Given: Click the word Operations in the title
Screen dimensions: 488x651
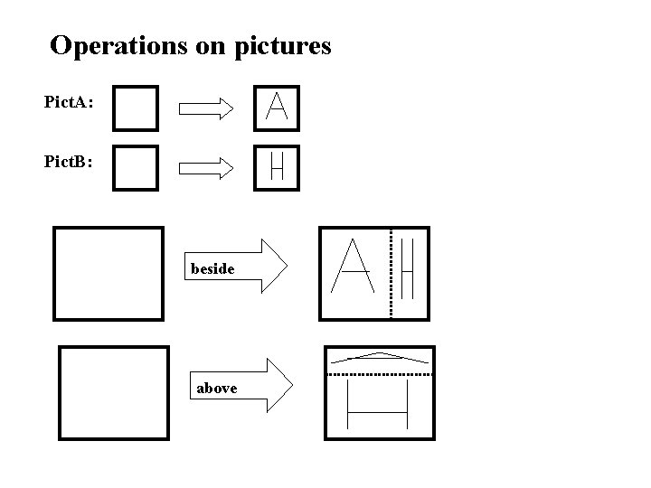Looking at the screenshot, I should coord(118,45).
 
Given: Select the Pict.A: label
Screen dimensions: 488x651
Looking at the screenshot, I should coord(68,103).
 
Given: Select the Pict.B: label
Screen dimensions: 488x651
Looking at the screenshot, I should coord(68,163).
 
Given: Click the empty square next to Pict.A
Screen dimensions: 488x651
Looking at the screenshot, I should coord(136,108).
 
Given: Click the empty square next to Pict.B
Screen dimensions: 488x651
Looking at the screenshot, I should coord(136,168).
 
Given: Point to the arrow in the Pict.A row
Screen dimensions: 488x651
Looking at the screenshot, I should coord(206,109).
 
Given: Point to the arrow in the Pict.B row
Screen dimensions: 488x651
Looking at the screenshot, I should coord(206,167).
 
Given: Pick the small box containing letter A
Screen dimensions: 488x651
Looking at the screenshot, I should coord(277,108).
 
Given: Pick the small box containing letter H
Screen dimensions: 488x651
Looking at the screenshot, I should coord(277,167).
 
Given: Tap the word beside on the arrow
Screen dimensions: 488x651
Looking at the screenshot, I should coord(213,268).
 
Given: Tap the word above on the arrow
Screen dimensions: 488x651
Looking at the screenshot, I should coord(217,388).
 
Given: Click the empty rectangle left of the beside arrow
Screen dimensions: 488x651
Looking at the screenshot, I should coord(108,273).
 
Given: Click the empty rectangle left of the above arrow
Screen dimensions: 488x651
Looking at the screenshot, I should coord(113,393).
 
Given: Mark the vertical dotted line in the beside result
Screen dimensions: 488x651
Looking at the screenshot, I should coord(391,273).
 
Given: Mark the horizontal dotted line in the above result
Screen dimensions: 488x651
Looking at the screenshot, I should coord(380,373).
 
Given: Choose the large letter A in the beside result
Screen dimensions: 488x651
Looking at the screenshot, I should coord(354,267).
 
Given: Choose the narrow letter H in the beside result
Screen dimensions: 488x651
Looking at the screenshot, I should coord(407,268).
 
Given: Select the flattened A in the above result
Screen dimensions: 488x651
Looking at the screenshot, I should coord(380,357).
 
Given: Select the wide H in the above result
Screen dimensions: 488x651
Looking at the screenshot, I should coord(379,406).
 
